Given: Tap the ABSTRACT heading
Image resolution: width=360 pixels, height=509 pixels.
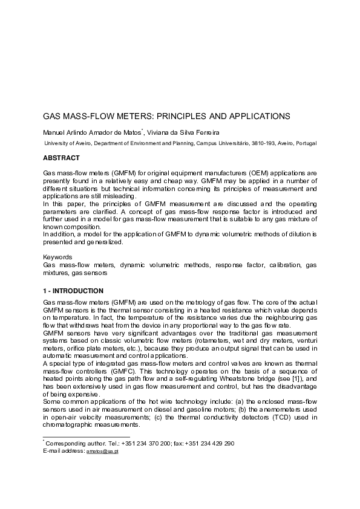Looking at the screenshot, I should click(61, 158).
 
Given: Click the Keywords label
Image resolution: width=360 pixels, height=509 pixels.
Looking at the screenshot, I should click(57, 258).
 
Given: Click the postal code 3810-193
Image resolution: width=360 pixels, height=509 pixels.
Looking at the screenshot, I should click(246, 143).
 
